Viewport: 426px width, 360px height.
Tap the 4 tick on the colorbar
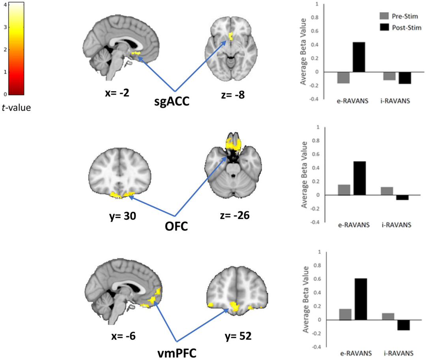pyautogui.click(x=5, y=5)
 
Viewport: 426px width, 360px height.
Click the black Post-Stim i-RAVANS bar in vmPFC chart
pyautogui.click(x=403, y=325)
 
